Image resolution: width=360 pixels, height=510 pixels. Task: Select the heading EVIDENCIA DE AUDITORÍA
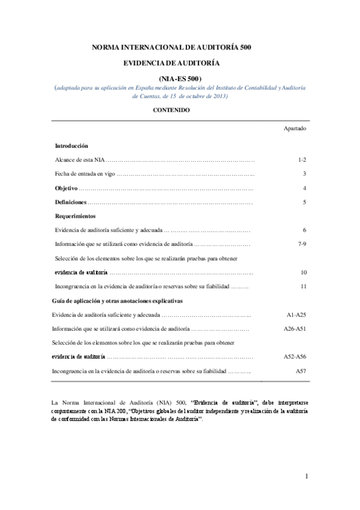[171, 62]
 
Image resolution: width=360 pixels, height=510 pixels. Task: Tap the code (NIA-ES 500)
[180, 78]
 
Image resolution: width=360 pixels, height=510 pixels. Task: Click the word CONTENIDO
[172, 110]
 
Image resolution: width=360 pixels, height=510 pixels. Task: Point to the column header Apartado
[295, 129]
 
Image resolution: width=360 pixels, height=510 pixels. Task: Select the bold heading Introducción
[72, 146]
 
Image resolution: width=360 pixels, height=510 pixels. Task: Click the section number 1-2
[302, 160]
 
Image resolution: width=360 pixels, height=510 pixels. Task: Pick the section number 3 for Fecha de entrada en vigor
[305, 174]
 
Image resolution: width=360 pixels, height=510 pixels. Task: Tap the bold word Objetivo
[66, 188]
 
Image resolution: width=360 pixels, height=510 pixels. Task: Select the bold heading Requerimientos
[76, 215]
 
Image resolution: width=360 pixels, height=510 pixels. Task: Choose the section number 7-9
[302, 244]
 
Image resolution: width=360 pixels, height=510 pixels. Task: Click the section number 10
[304, 272]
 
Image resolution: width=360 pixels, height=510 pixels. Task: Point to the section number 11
[304, 286]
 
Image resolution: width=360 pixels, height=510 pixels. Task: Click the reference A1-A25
[296, 315]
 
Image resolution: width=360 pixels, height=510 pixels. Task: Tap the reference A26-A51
[295, 328]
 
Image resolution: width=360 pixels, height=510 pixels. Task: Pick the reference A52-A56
[295, 357]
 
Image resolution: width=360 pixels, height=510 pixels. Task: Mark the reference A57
[301, 371]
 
